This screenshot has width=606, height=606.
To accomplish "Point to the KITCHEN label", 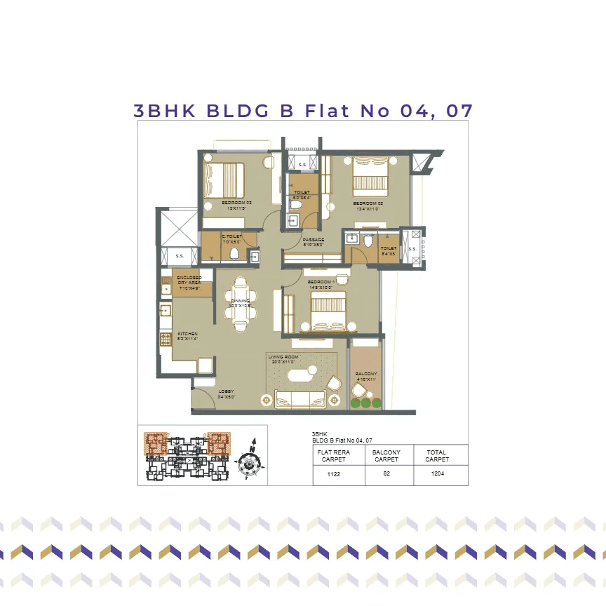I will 187,334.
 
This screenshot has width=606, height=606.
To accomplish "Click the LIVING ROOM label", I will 283,357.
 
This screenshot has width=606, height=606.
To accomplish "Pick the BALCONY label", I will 365,374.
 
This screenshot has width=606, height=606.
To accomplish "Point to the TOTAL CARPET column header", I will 436,456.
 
